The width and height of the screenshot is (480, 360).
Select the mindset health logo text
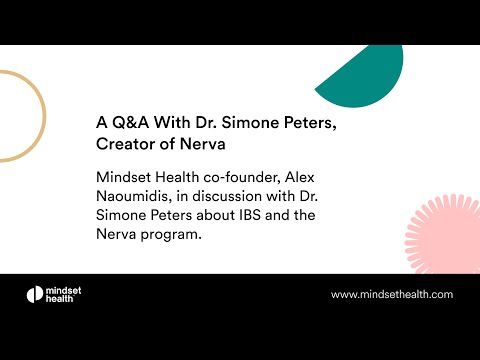point(70,294)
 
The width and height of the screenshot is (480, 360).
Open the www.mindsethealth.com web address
point(391,294)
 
